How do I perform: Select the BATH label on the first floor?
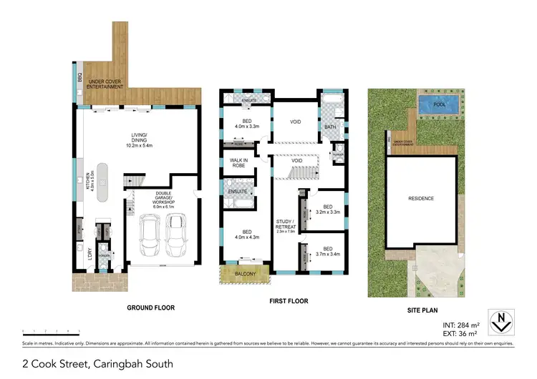[x=329, y=127]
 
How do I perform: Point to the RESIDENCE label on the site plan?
[x=420, y=198]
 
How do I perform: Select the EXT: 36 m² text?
[x=460, y=334]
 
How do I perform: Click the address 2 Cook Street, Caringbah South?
[x=97, y=363]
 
